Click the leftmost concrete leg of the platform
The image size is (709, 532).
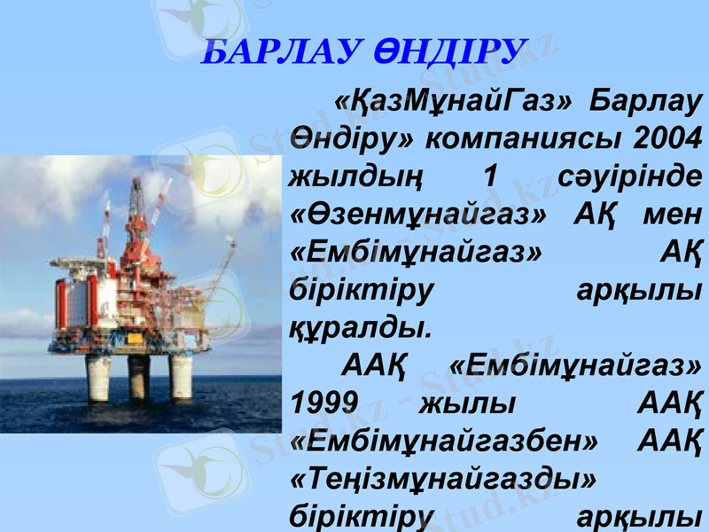click(98, 377)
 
